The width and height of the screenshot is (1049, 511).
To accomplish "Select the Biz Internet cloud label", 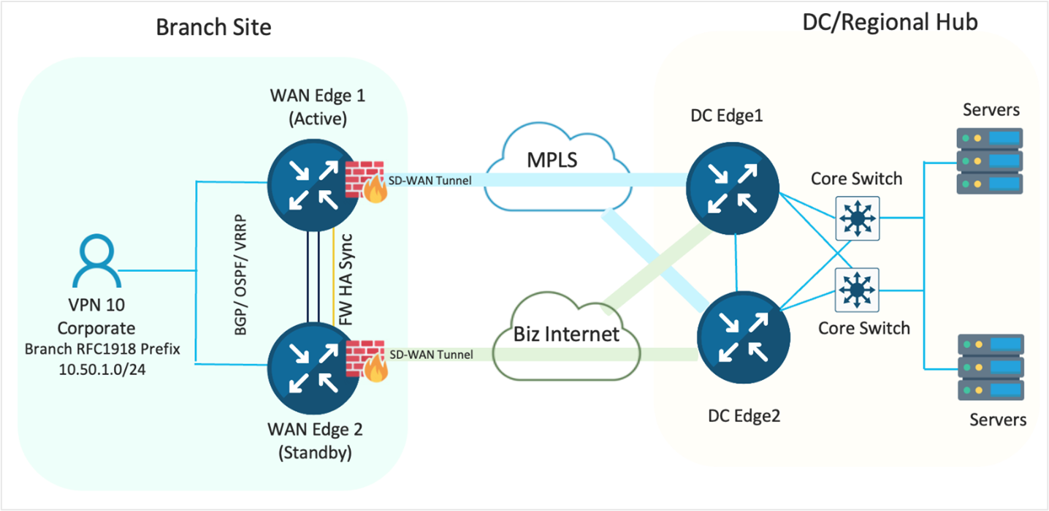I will point(566,334).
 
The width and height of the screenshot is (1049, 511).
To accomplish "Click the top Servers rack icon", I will point(990,160).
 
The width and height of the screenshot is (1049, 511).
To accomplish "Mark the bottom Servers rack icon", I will point(990,367).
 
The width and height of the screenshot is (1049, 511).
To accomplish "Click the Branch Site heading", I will point(213,28).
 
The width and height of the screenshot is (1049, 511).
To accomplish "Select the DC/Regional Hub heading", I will point(890,23).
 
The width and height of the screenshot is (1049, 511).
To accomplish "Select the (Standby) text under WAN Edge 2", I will point(315,453).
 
